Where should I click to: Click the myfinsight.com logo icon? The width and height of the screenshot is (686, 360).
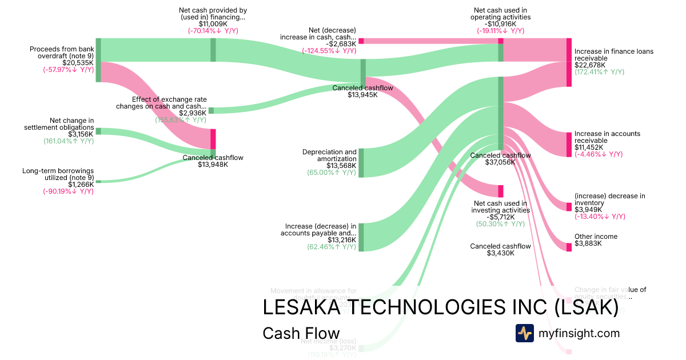point(524,333)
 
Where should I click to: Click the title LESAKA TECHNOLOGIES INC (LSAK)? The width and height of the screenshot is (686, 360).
point(440,307)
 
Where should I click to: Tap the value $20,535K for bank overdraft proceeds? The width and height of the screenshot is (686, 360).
point(78,62)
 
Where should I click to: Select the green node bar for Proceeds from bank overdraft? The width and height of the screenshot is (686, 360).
point(98,60)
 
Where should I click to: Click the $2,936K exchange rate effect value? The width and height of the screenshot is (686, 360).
point(193,113)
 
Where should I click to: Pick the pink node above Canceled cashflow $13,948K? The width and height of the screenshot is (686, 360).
point(213,139)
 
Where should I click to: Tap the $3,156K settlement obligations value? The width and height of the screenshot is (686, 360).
point(81,134)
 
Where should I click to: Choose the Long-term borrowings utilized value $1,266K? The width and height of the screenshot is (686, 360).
point(81,185)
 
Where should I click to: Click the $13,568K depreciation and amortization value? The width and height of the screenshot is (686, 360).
point(341,166)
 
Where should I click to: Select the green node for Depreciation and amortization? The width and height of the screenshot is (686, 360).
point(361,163)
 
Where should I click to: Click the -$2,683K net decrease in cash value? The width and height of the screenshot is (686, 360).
point(341,43)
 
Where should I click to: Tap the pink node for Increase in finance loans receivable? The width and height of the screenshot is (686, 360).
point(569,62)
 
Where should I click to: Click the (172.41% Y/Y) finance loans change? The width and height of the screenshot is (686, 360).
point(599,72)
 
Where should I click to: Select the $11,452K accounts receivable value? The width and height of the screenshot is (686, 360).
point(589,147)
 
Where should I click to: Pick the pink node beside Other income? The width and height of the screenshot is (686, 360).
point(569,247)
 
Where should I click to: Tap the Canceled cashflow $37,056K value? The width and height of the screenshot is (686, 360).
point(500,162)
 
